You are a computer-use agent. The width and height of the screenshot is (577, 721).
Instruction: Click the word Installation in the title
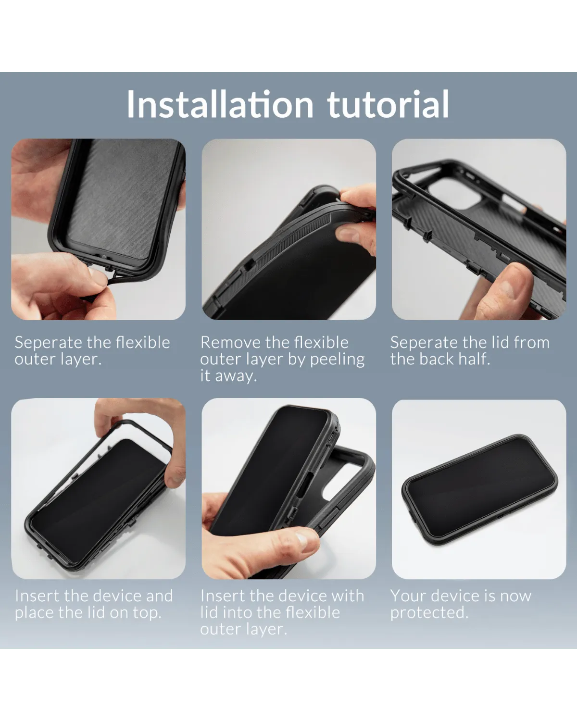(220, 104)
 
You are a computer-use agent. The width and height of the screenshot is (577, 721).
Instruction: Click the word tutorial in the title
(389, 104)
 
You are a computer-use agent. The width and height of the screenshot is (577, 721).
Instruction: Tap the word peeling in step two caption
(337, 359)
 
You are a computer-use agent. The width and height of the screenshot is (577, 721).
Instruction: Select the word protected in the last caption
(428, 613)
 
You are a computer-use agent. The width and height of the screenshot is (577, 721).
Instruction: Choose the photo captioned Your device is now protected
(479, 488)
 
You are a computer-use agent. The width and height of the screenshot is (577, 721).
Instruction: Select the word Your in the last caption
(407, 596)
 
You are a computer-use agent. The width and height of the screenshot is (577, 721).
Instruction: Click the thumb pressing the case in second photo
(351, 236)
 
